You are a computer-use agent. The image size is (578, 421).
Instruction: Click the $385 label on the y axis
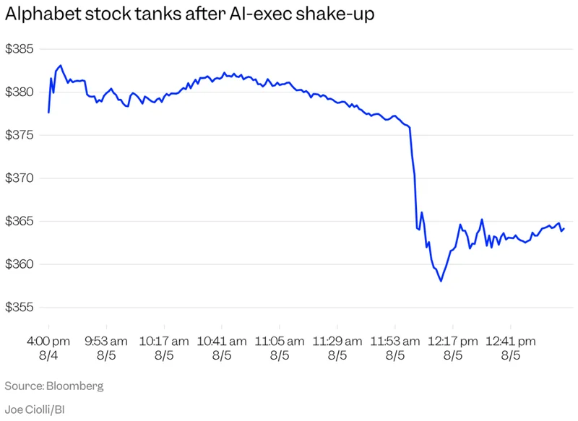point(20,49)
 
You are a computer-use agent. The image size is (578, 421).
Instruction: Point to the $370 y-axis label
point(20,178)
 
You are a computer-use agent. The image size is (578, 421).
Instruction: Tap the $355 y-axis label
point(20,307)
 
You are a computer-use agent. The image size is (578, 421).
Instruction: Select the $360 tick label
point(20,264)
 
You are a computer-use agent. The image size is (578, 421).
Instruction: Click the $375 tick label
point(20,135)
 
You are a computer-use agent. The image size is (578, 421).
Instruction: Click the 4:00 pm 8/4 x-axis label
point(48,348)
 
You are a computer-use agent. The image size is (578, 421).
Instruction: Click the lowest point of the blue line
point(441,282)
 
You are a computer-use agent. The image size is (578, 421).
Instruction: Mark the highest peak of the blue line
point(61,66)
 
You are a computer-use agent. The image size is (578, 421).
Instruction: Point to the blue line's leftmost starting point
point(48,113)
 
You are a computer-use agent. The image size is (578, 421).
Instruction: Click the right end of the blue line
point(564,229)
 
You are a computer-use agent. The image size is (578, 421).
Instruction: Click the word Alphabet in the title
point(43,14)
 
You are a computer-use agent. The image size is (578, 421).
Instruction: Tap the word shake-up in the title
point(335,14)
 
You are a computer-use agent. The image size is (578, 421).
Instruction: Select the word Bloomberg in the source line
point(75,386)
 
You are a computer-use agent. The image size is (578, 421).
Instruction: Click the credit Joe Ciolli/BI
point(35,409)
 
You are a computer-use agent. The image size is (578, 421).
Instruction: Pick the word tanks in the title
point(159,14)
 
